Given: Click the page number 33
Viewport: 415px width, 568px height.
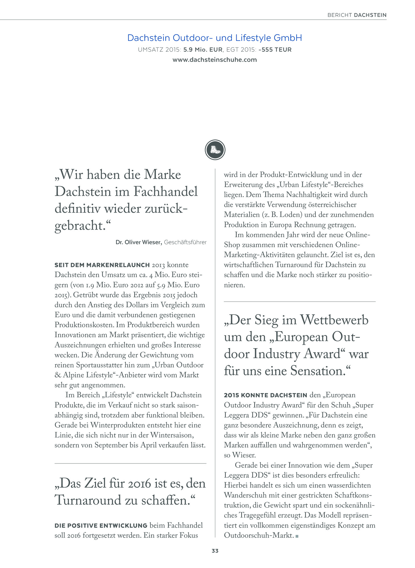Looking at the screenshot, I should pyautogui.click(x=215, y=551).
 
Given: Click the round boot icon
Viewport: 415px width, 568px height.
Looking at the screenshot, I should pyautogui.click(x=215, y=150).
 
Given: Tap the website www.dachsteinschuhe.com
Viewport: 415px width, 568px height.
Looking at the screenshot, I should pyautogui.click(x=214, y=60).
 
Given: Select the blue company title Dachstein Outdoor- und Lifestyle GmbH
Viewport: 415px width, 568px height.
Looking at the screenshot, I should pyautogui.click(x=214, y=38).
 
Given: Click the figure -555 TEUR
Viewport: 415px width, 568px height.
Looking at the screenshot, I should pyautogui.click(x=275, y=50).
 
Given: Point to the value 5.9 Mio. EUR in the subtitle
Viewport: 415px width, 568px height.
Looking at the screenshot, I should pyautogui.click(x=203, y=50).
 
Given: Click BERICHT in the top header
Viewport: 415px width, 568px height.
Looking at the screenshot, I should pyautogui.click(x=339, y=15).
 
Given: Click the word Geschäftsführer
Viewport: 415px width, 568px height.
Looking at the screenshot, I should pyautogui.click(x=185, y=242).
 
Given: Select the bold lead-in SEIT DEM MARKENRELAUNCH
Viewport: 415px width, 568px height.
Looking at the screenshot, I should pyautogui.click(x=102, y=265).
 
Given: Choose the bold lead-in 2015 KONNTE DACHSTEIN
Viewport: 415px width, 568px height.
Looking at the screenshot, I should pyautogui.click(x=265, y=395).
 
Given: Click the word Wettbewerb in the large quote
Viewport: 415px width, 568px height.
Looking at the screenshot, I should pyautogui.click(x=334, y=320).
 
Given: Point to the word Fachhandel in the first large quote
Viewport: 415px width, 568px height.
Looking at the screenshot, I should pyautogui.click(x=165, y=191).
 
